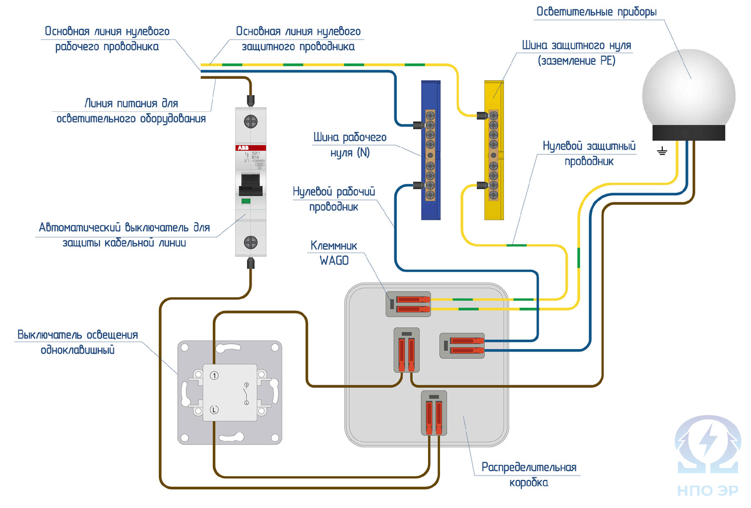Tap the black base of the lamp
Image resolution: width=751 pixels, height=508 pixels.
(x=688, y=132)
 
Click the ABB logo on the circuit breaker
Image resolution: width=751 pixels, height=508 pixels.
(x=242, y=148)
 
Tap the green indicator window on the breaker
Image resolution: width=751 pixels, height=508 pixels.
(x=246, y=201)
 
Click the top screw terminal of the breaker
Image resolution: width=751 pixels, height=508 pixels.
(x=252, y=119)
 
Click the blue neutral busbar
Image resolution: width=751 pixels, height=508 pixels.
(x=431, y=150)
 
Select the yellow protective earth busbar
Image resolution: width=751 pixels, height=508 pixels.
(x=494, y=150)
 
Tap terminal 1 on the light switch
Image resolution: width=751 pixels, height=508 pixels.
(x=214, y=375)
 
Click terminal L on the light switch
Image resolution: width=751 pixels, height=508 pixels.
(x=214, y=410)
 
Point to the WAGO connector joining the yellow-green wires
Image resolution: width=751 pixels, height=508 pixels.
(x=407, y=304)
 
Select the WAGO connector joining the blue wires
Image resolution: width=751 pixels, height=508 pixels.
(x=462, y=345)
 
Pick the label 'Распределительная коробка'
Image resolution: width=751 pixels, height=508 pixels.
(x=528, y=475)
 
